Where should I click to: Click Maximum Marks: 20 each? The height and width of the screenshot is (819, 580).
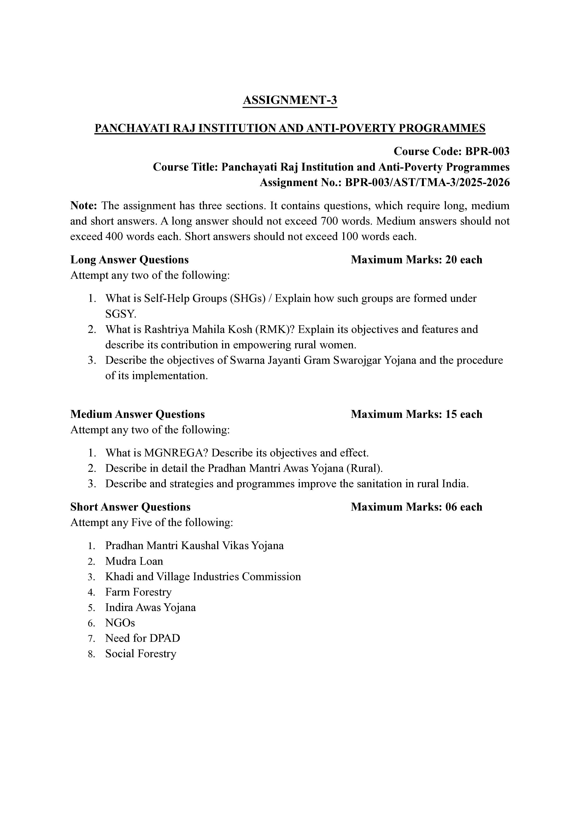416,260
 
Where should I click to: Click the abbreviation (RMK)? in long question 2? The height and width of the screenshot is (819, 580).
275,329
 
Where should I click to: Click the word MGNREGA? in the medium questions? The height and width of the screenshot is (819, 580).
176,453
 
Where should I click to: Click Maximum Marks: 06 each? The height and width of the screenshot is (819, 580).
416,507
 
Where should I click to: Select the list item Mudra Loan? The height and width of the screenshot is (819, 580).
134,561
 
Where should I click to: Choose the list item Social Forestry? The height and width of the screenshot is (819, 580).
141,653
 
